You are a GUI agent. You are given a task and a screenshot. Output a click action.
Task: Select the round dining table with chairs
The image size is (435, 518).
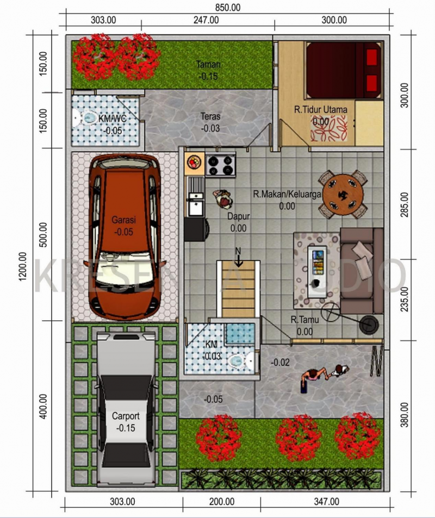(x=343, y=194)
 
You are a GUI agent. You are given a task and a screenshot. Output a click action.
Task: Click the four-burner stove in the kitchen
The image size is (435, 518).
(x=220, y=164)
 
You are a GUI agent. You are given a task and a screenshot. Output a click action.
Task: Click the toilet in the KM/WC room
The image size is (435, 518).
(x=87, y=117)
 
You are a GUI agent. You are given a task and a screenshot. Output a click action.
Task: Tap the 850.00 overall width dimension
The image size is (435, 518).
(x=227, y=7)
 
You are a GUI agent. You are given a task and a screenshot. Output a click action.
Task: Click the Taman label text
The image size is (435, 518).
(x=208, y=65)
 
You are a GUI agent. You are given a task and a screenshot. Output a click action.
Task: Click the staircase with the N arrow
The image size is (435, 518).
(x=238, y=288)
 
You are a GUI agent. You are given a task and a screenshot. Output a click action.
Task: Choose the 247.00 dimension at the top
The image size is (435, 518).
(x=206, y=21)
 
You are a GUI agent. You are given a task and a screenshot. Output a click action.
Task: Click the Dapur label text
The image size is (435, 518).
(x=238, y=216)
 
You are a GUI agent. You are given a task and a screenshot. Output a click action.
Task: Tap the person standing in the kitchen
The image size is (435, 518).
(x=222, y=199)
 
